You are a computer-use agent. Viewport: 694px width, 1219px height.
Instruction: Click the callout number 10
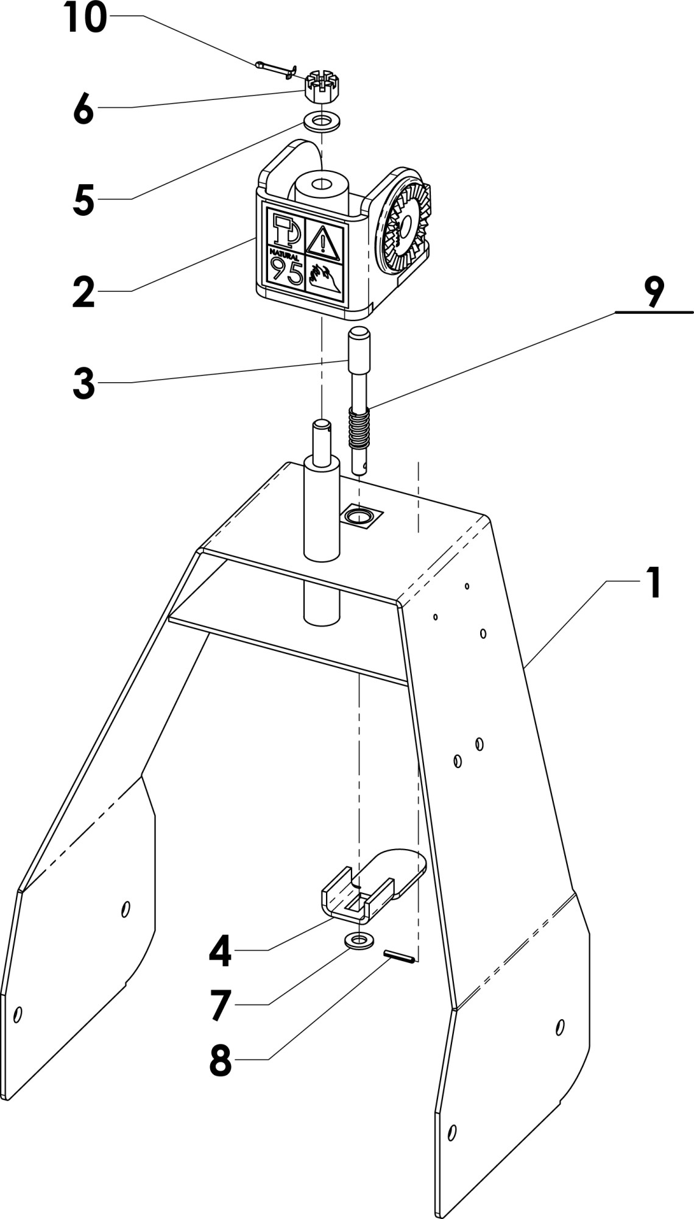point(85,18)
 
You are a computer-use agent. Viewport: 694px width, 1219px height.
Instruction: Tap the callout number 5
point(83,201)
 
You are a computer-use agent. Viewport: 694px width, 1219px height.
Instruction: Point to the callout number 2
point(83,292)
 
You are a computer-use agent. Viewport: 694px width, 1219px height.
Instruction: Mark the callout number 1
point(653,582)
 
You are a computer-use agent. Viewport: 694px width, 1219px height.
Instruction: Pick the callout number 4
point(220,951)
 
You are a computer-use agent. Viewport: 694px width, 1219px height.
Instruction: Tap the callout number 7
point(220,1006)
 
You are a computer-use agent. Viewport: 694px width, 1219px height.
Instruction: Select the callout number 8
point(220,1061)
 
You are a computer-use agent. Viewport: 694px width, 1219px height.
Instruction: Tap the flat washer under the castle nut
point(320,120)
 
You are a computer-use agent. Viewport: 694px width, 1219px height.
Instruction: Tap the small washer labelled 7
point(359,940)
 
